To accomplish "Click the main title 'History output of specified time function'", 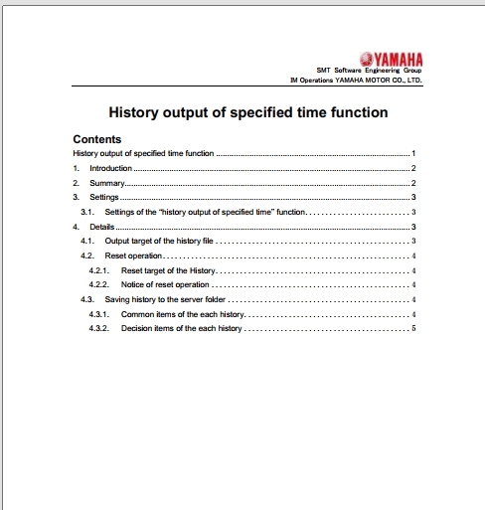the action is [247, 113].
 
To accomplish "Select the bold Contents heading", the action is [97, 139].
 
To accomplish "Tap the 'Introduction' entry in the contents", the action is [110, 169].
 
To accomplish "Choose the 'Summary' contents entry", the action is [105, 184].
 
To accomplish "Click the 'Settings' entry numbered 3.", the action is [104, 198].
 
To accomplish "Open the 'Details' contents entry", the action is [101, 228].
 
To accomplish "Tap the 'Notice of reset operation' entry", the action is [165, 285].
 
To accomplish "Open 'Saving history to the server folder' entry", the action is [165, 299].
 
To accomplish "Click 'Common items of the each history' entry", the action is [182, 314].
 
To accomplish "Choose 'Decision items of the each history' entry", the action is [182, 328].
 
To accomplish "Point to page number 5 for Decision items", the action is [412, 328].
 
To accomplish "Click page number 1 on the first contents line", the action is [412, 154].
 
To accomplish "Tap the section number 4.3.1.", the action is [98, 314].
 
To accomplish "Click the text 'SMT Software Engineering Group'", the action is [369, 70].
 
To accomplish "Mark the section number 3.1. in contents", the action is [87, 213].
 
